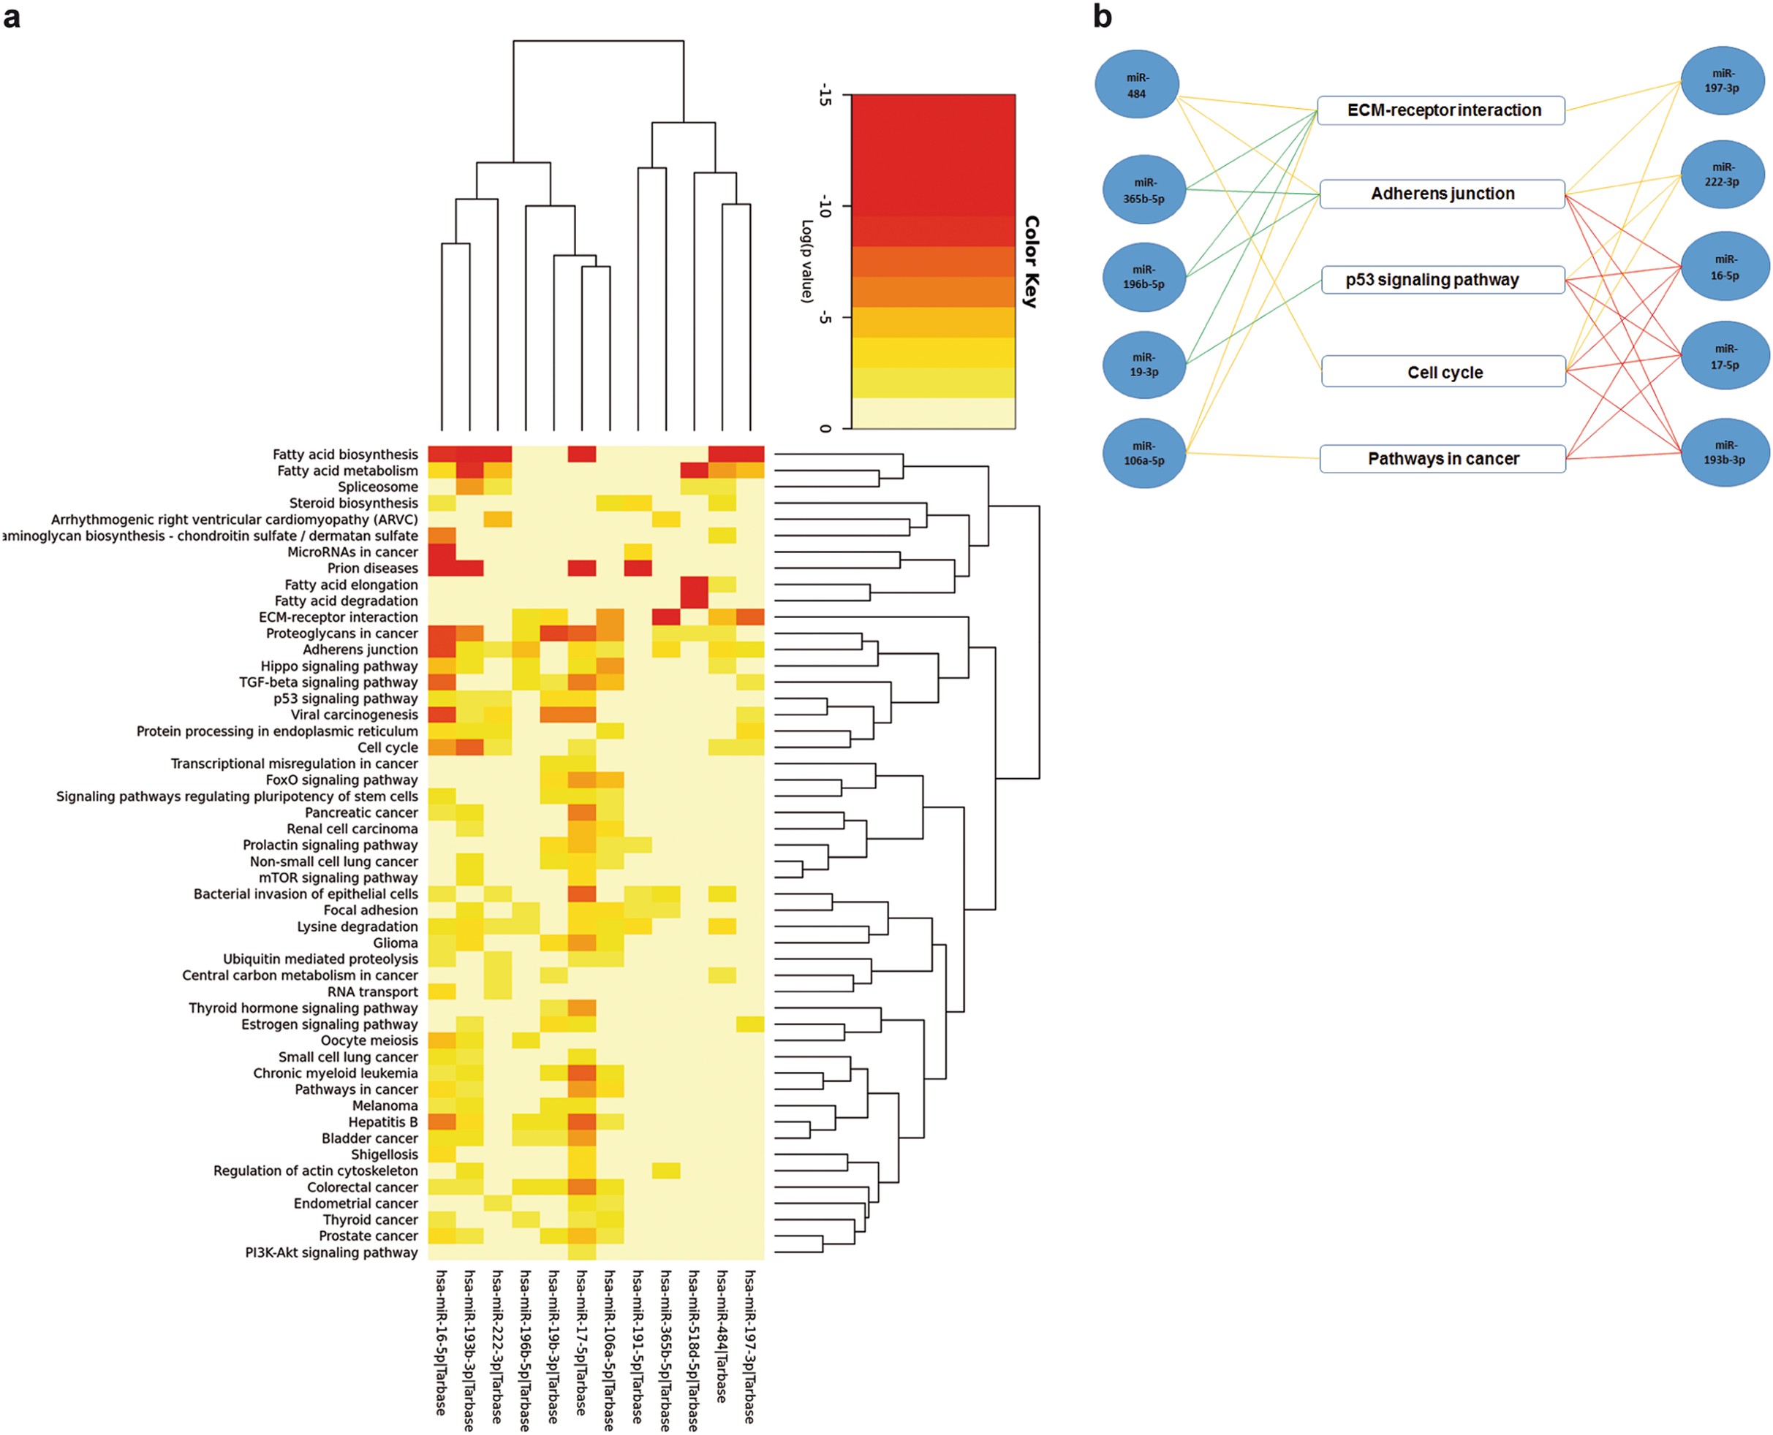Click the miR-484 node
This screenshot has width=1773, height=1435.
1136,84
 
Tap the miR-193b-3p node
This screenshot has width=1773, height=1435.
1723,452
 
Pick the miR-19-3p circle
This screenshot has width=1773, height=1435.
1143,365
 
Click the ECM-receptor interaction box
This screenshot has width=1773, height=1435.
1440,110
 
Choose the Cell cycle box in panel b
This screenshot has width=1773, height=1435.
1444,372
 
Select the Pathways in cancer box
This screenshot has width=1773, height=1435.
1443,459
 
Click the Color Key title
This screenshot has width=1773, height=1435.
1030,262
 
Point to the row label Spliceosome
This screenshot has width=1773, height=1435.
377,487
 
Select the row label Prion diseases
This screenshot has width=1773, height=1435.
372,568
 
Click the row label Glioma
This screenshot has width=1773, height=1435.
396,943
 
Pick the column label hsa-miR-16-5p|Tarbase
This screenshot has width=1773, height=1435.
441,1341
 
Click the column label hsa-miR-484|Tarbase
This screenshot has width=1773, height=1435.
721,1336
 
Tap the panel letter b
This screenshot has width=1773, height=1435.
1103,17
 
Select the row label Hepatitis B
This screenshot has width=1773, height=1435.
383,1122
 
